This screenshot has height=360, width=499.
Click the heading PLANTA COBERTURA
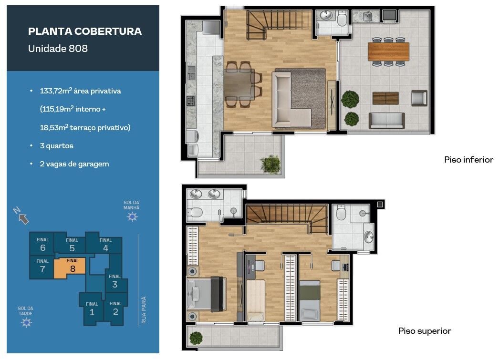pos(85,31)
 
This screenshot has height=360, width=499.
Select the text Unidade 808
pos(58,48)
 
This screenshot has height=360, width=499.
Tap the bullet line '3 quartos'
pos(56,146)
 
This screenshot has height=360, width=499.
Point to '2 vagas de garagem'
pos(74,164)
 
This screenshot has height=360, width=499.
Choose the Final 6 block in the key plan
pos(42,244)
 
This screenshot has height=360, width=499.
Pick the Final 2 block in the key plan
pos(115,309)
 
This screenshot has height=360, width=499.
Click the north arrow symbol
pos(21,216)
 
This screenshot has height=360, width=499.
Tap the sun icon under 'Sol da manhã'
pos(132,217)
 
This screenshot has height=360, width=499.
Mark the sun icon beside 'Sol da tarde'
pos(26,323)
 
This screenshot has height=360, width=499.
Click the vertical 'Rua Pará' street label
pos(144,310)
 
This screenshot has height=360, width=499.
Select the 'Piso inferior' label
pos(468,160)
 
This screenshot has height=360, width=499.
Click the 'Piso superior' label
pos(425,331)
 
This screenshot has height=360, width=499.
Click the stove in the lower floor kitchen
pos(190,101)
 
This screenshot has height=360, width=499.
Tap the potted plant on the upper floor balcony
pos(196,338)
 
